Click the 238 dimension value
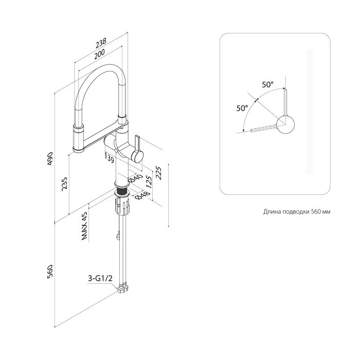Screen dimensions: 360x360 coord(101,42)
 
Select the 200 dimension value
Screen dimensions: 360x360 coord(99,53)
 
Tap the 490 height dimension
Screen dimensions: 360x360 coord(50,158)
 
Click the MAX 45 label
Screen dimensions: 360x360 coord(84,226)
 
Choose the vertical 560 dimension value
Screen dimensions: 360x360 coord(50,272)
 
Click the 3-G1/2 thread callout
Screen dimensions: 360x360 coord(100,279)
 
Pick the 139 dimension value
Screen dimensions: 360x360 coord(109,158)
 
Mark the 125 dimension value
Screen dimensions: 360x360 coord(149,183)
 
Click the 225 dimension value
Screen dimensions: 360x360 coord(158,173)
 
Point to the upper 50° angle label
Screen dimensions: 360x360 coord(268,84)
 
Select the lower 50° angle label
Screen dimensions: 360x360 coord(242,108)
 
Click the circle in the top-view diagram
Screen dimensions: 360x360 coord(285,124)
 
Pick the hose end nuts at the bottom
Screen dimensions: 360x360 coord(123,289)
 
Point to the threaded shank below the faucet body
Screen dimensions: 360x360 coord(122,191)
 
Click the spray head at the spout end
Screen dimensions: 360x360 coord(79,138)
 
